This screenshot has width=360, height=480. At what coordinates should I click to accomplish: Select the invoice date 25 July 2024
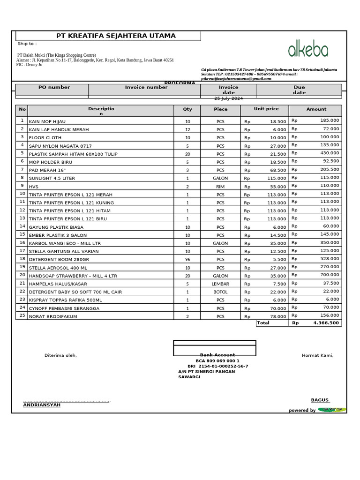click(x=228, y=98)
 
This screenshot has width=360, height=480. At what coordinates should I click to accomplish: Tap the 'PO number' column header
click(x=54, y=87)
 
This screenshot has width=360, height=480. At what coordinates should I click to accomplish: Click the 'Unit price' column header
click(x=266, y=109)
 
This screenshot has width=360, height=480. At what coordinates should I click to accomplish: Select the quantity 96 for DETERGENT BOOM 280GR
click(x=187, y=260)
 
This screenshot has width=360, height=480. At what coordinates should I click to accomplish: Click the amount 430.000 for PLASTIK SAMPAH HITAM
click(x=330, y=153)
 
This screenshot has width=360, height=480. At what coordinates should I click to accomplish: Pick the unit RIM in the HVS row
click(x=220, y=187)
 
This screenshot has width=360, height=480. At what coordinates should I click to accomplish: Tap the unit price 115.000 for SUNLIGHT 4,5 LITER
click(x=276, y=179)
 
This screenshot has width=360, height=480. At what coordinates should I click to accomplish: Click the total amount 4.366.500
click(x=326, y=323)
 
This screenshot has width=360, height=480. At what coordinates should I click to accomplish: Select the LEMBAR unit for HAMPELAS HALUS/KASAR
click(x=220, y=284)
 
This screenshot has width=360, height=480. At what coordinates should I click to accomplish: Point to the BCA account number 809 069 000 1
click(x=217, y=361)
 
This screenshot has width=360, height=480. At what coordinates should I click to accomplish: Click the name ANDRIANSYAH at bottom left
click(x=42, y=405)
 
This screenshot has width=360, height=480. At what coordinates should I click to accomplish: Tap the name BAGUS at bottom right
click(x=320, y=400)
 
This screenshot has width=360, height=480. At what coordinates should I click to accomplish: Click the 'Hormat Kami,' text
click(x=317, y=355)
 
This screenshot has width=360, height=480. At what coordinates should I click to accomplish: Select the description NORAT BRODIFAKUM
click(x=53, y=317)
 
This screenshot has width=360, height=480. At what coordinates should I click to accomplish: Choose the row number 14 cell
click(x=22, y=226)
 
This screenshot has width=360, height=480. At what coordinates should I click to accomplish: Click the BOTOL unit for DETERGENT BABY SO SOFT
click(x=220, y=292)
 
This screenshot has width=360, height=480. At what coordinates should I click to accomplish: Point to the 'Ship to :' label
click(x=27, y=44)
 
